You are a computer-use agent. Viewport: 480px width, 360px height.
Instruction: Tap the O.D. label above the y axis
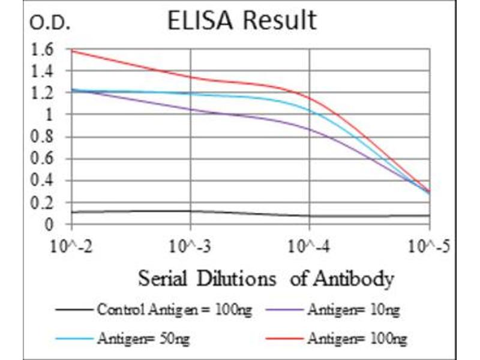pos(50,24)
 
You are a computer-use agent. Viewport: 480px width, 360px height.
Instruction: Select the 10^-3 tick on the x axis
pos(191,246)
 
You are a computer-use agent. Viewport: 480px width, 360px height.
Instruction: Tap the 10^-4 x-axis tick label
pos(310,246)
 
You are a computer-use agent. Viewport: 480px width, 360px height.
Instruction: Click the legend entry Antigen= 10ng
pos(353,310)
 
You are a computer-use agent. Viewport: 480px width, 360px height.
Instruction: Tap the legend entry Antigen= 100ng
pos(356,339)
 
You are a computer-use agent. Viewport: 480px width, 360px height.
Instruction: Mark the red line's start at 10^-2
pos(72,50)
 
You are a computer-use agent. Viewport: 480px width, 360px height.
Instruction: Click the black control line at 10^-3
pos(191,211)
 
